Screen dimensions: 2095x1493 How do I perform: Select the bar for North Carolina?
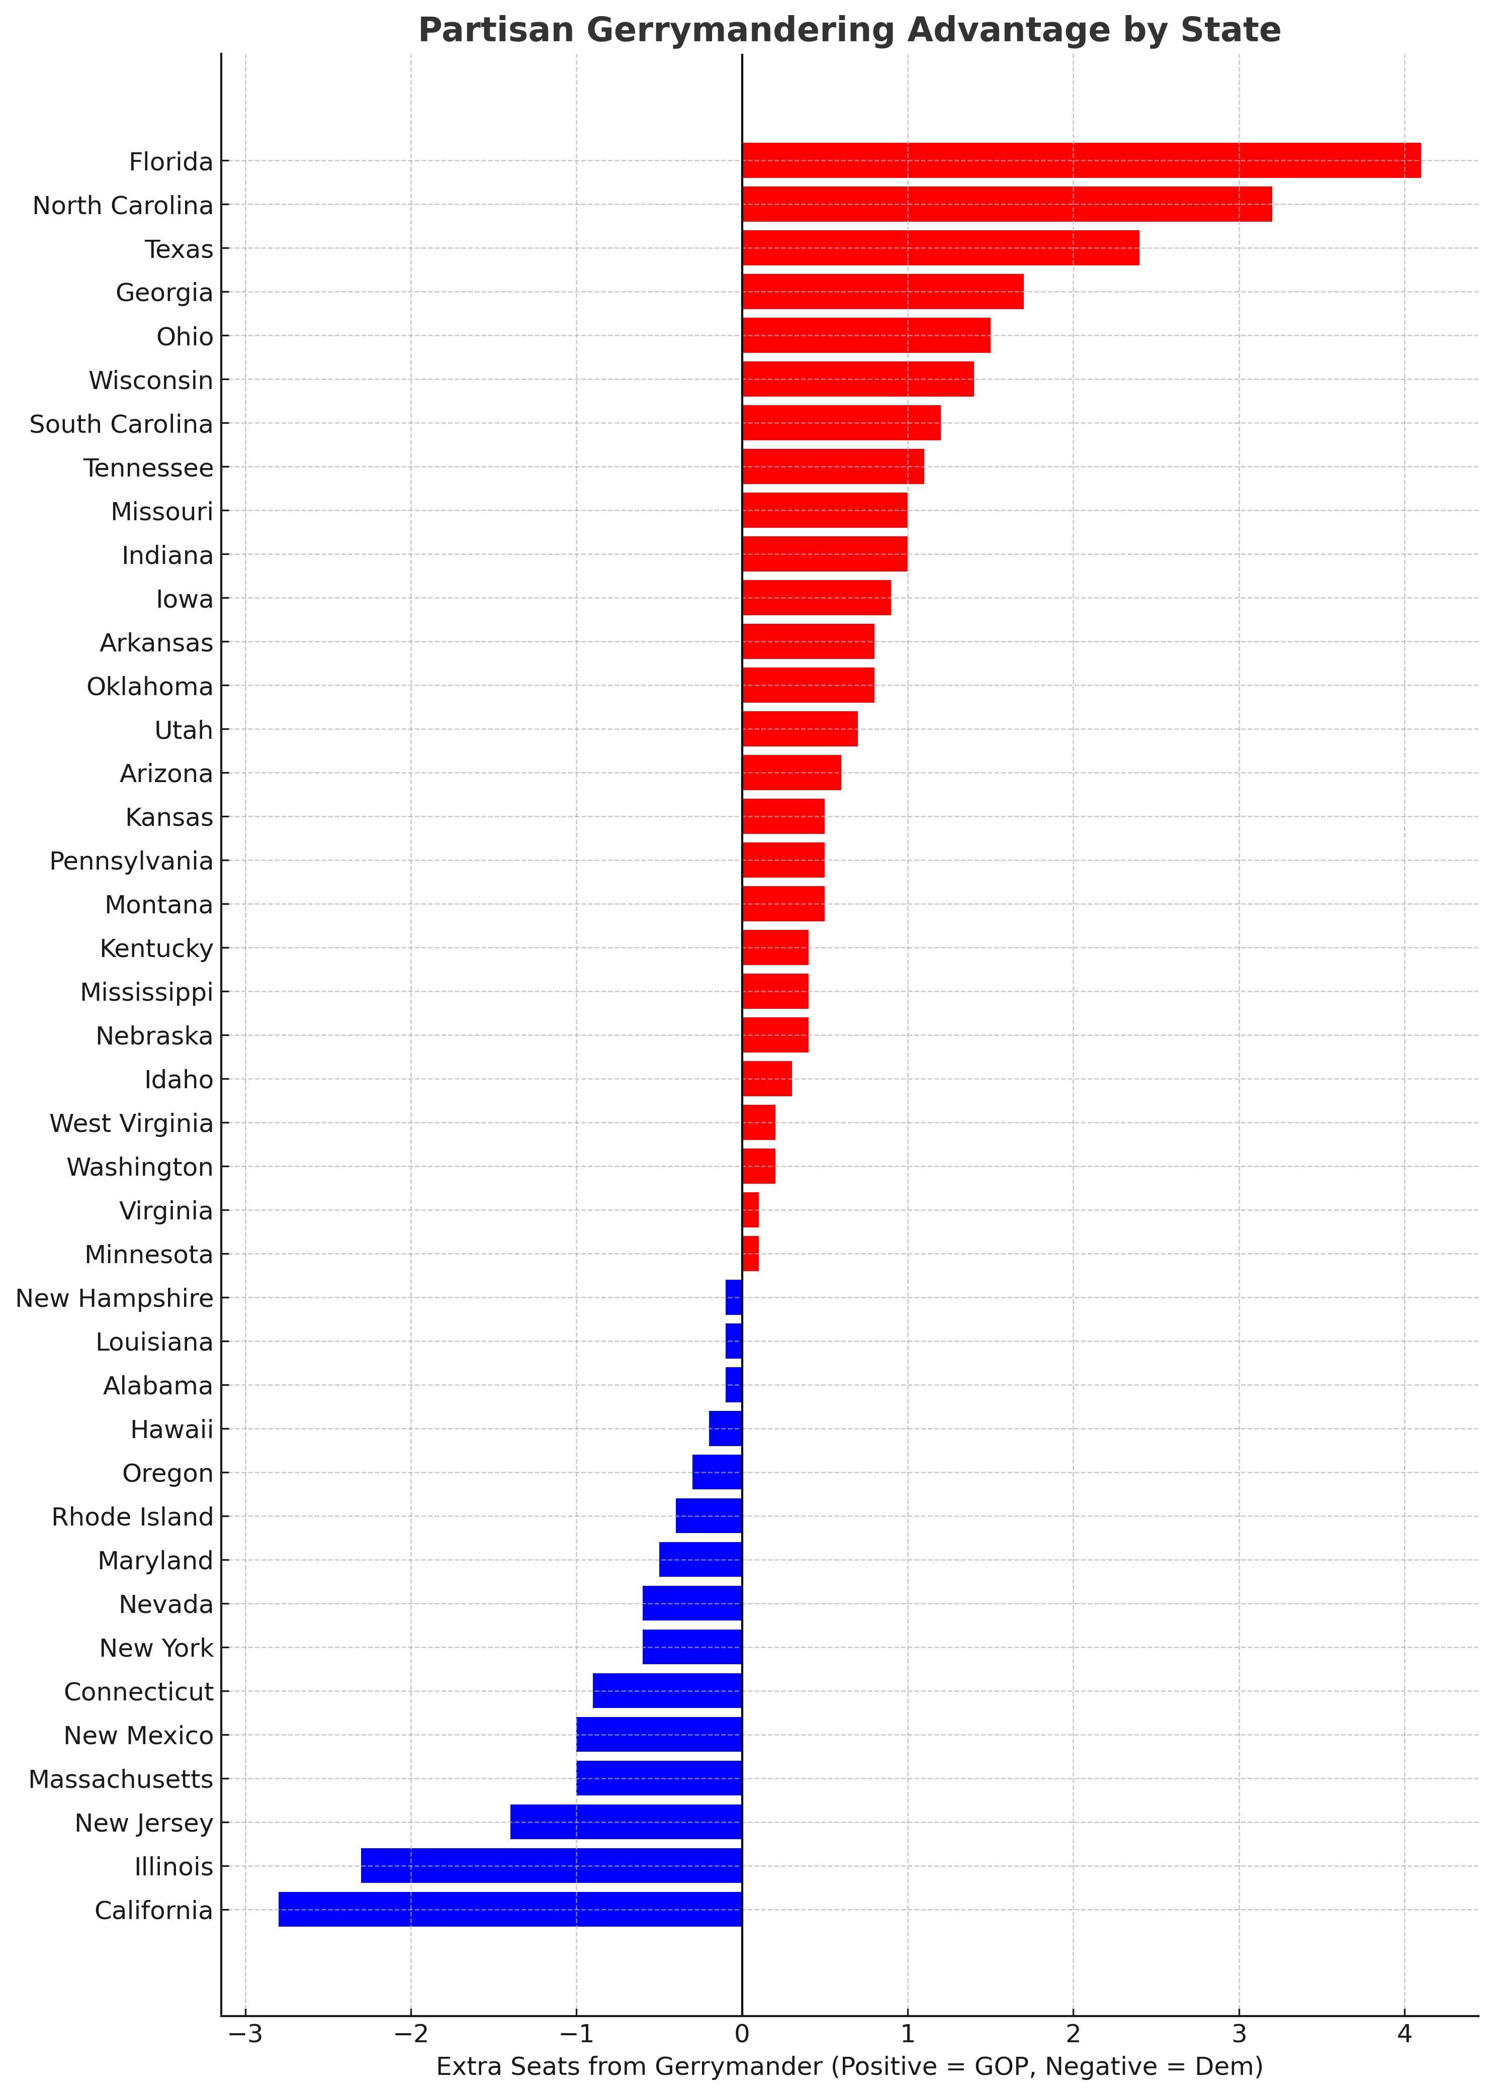[1007, 204]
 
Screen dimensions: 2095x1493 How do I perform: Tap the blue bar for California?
[510, 1910]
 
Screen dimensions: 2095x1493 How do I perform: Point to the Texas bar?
[940, 248]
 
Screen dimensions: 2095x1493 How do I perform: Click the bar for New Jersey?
[626, 1822]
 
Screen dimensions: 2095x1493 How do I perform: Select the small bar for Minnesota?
[750, 1253]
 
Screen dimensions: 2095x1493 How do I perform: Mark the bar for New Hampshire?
[734, 1297]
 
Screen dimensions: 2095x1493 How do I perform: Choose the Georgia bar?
[883, 292]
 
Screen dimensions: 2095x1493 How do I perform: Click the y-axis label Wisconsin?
[151, 380]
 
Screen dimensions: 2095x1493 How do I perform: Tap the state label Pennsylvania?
[131, 861]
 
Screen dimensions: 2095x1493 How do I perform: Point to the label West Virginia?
[131, 1123]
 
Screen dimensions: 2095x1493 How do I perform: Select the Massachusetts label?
[120, 1779]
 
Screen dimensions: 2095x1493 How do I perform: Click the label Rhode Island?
[132, 1516]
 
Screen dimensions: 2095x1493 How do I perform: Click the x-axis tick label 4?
[1404, 2034]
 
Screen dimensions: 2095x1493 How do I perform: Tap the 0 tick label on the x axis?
[742, 2034]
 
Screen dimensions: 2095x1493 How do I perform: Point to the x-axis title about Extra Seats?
[849, 2066]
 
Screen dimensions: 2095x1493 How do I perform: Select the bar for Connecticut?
[667, 1691]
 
